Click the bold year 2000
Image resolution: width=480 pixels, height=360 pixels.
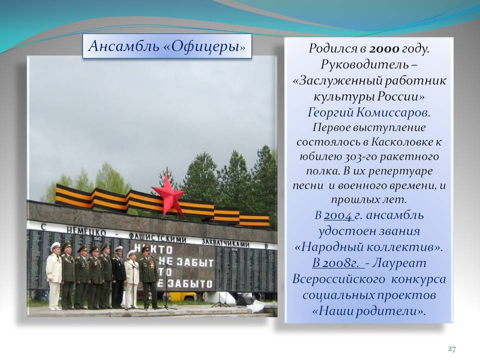pos(385,49)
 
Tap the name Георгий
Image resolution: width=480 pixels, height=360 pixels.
pos(330,113)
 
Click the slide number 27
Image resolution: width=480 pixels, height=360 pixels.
pos(452,349)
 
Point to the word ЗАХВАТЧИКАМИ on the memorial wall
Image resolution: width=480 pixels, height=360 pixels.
pos(225,243)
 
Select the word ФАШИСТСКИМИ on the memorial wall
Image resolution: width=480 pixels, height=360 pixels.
pos(157,238)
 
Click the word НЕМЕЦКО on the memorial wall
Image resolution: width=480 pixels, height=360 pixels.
pos(86,231)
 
